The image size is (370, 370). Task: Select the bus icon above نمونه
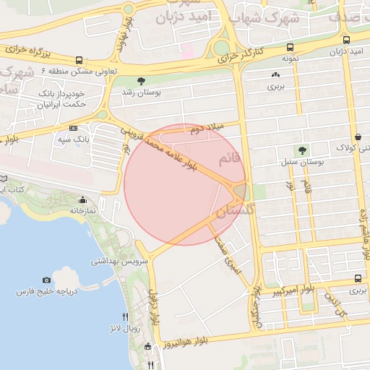290,42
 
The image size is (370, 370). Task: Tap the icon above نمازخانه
84,200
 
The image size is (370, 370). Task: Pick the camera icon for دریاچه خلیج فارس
46,280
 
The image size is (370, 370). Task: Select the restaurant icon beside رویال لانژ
126,316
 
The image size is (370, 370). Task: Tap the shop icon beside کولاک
359,137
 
